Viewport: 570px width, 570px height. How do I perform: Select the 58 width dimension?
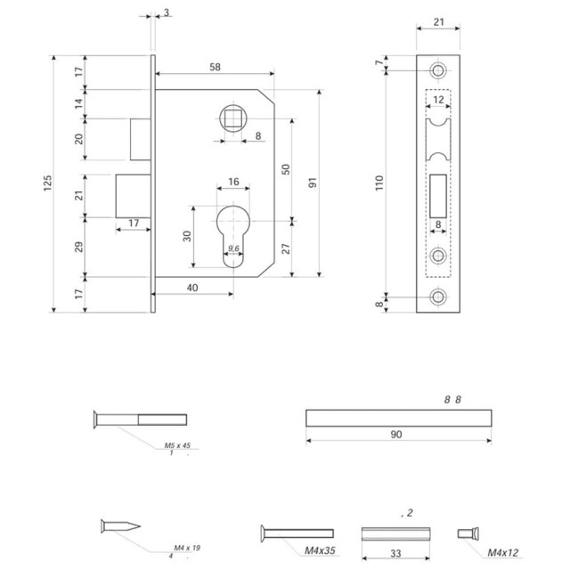coord(216,68)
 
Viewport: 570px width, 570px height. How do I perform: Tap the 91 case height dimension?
coord(313,183)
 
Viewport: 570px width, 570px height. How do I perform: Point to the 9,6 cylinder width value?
coord(233,248)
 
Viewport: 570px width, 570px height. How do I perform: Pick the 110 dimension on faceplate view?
coord(379,183)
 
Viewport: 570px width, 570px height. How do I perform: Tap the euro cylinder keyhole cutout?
coord(233,233)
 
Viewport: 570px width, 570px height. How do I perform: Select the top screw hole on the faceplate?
coord(437,70)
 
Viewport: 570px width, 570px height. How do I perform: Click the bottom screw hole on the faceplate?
coord(437,298)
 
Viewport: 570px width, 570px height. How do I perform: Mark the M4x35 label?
coord(320,551)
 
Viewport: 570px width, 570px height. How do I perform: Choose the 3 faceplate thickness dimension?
coord(167,12)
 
